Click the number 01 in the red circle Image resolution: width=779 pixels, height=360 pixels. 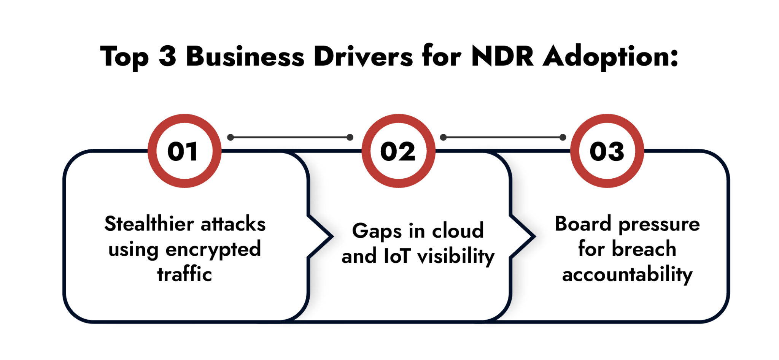pyautogui.click(x=183, y=151)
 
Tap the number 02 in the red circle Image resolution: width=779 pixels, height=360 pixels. pyautogui.click(x=398, y=151)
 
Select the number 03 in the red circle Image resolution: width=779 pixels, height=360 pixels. pyautogui.click(x=607, y=151)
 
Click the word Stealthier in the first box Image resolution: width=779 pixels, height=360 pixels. pyautogui.click(x=149, y=224)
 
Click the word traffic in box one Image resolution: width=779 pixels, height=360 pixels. pyautogui.click(x=184, y=274)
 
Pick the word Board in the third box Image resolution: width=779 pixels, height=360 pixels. pyautogui.click(x=583, y=224)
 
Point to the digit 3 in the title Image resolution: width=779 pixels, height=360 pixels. pyautogui.click(x=168, y=57)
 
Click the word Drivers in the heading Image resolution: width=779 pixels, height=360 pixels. pyautogui.click(x=363, y=57)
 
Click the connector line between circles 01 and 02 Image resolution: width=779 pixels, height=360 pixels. pyautogui.click(x=290, y=137)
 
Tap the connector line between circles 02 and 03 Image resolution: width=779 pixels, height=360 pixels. pyautogui.click(x=503, y=137)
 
